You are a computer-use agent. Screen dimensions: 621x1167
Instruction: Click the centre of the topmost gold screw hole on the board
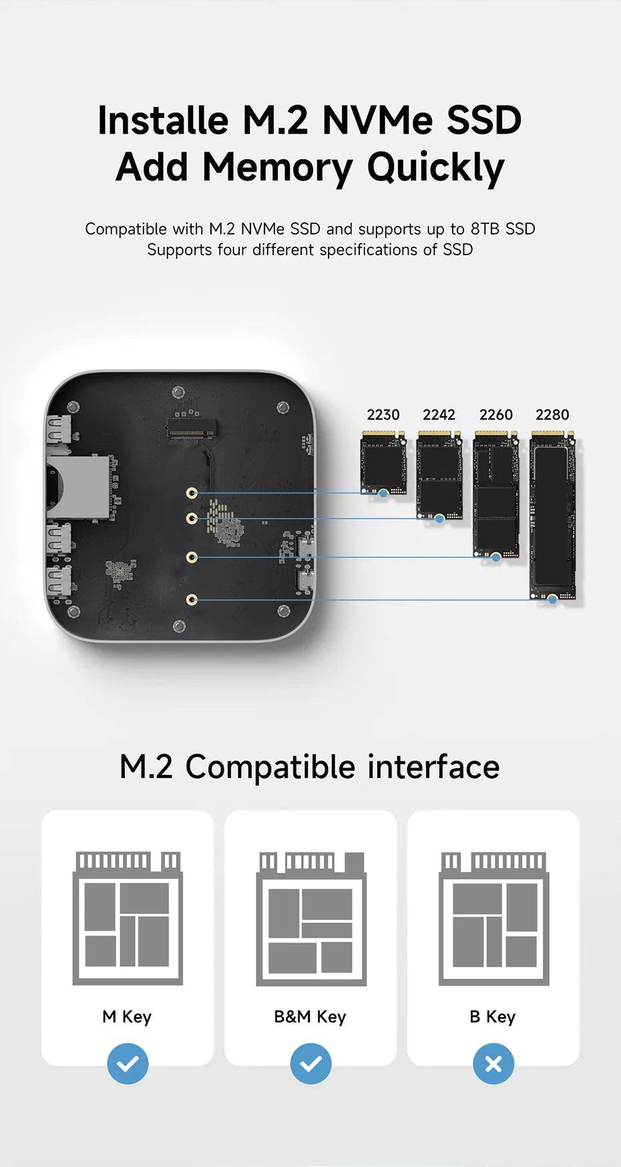click(192, 493)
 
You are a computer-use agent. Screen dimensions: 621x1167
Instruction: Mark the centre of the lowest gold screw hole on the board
click(192, 600)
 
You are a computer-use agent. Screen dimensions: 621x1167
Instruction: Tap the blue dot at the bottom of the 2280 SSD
click(552, 600)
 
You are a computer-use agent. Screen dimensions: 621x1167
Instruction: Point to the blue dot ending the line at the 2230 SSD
click(383, 493)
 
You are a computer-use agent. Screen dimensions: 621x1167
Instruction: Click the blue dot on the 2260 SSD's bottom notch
click(495, 556)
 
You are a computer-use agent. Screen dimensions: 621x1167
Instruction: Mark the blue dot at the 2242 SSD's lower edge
click(439, 518)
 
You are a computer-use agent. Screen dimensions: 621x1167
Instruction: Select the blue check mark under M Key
click(128, 1063)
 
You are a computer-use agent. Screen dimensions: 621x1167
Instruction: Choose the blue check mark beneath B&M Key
click(310, 1063)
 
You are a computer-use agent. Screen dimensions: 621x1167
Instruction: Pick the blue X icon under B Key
click(493, 1063)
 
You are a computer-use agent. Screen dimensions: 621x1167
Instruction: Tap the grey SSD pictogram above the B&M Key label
click(311, 919)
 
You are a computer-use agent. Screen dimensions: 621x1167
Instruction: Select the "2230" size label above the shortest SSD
click(383, 415)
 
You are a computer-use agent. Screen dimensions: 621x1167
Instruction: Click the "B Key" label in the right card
click(493, 1017)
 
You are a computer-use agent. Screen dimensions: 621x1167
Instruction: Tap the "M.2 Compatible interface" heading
click(310, 767)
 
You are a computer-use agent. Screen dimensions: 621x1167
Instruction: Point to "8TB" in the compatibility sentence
click(485, 229)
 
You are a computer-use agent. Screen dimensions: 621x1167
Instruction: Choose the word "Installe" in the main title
click(163, 120)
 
